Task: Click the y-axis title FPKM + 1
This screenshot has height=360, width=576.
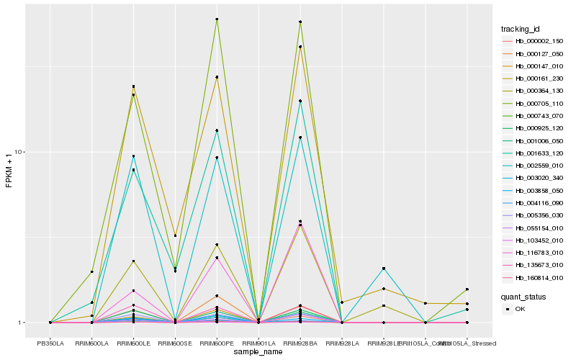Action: click(x=9, y=171)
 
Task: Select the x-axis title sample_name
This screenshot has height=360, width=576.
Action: click(x=258, y=351)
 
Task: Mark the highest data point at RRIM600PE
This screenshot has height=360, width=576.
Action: click(x=217, y=19)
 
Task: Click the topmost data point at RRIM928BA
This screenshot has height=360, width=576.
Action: click(x=300, y=22)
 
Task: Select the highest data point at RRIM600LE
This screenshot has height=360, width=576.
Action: click(x=133, y=86)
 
